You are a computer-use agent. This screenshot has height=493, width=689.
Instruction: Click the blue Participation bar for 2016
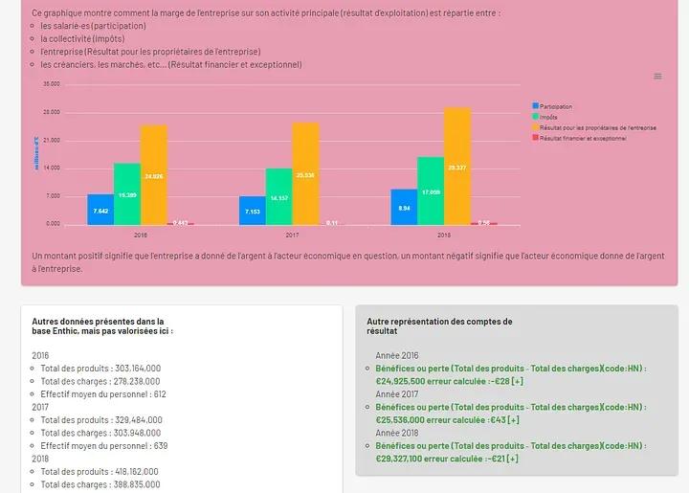coord(100,209)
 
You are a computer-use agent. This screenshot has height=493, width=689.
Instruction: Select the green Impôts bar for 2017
coord(278,196)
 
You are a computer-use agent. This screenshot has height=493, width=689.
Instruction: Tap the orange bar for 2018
coord(457,166)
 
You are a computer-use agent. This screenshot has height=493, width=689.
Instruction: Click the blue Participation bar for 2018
coord(404,207)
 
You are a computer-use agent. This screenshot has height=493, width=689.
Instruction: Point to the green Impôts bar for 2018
coord(431,190)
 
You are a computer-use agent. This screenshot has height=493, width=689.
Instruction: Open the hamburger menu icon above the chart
coord(657,77)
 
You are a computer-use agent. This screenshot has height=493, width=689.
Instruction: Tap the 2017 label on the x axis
coord(292,234)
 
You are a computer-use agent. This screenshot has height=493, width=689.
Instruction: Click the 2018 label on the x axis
coord(444,234)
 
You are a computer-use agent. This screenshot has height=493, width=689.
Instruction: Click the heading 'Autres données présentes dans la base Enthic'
coord(98,326)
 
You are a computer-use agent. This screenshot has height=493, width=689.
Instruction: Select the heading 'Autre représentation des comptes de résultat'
coord(439,326)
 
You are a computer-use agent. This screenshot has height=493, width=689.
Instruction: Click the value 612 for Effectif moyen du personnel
coord(159,393)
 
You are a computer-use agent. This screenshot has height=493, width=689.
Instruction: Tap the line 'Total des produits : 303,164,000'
coord(100,368)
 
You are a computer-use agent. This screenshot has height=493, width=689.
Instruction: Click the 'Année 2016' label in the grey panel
coord(397,355)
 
